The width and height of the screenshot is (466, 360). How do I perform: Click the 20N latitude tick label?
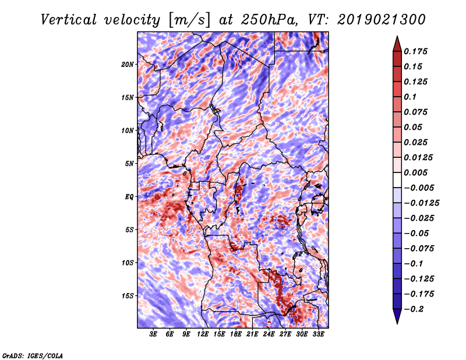click(128, 65)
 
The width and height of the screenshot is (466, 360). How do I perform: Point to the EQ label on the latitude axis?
click(129, 197)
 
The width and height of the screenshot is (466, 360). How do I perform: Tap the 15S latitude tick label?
click(128, 296)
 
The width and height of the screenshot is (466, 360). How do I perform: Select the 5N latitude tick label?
click(129, 164)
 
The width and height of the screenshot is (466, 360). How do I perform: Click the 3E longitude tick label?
click(153, 334)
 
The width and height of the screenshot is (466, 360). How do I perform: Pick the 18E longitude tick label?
click(236, 334)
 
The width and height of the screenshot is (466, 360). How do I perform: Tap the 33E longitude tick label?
click(318, 334)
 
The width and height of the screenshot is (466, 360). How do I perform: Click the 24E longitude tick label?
click(269, 334)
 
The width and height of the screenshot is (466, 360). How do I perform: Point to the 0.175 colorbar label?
click(415, 51)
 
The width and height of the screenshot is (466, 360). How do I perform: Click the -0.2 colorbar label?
click(414, 309)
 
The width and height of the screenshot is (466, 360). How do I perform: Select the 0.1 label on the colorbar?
click(410, 97)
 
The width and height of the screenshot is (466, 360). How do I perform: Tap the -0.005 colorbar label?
click(419, 188)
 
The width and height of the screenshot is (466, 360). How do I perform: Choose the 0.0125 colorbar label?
click(418, 157)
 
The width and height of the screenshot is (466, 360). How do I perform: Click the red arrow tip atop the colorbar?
click(397, 36)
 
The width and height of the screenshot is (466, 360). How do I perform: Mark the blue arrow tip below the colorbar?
click(397, 323)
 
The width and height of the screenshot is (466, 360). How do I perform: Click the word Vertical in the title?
click(69, 20)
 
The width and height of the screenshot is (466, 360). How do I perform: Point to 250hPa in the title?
click(269, 20)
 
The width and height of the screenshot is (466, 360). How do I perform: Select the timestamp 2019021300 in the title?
click(382, 20)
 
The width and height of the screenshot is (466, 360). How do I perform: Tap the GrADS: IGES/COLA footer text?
click(33, 355)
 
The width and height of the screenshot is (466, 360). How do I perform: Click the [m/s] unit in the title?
click(189, 20)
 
